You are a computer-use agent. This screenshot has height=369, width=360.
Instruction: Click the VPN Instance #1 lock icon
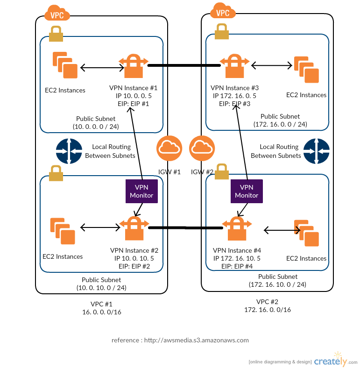point(134,66)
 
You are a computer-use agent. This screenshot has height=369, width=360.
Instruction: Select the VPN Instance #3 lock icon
point(235,66)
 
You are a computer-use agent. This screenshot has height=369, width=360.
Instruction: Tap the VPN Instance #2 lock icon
point(134,228)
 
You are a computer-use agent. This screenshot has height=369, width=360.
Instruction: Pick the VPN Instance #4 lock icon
point(237,228)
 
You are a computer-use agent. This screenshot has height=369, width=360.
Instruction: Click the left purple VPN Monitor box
point(141,191)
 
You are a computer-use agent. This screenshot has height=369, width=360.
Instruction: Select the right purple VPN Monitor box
point(247,191)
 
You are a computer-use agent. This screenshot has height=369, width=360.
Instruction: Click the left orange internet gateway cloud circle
point(169,149)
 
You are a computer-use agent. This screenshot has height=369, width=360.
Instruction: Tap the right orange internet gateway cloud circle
point(202,149)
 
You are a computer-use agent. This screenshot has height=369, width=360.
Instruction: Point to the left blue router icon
point(69,151)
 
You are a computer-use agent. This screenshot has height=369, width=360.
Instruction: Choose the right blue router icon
point(316,151)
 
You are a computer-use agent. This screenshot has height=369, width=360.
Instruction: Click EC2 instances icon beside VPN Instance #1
point(65,65)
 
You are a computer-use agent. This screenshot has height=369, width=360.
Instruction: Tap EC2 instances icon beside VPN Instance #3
point(306,70)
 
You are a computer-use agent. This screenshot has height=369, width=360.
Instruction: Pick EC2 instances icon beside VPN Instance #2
point(63,231)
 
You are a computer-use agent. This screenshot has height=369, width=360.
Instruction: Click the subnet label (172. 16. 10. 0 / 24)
point(277,284)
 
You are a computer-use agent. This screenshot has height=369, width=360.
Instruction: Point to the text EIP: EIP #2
point(134,266)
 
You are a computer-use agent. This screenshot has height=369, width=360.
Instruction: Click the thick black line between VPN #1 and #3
point(184,65)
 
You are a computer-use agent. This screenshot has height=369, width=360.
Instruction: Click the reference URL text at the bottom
point(180,340)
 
